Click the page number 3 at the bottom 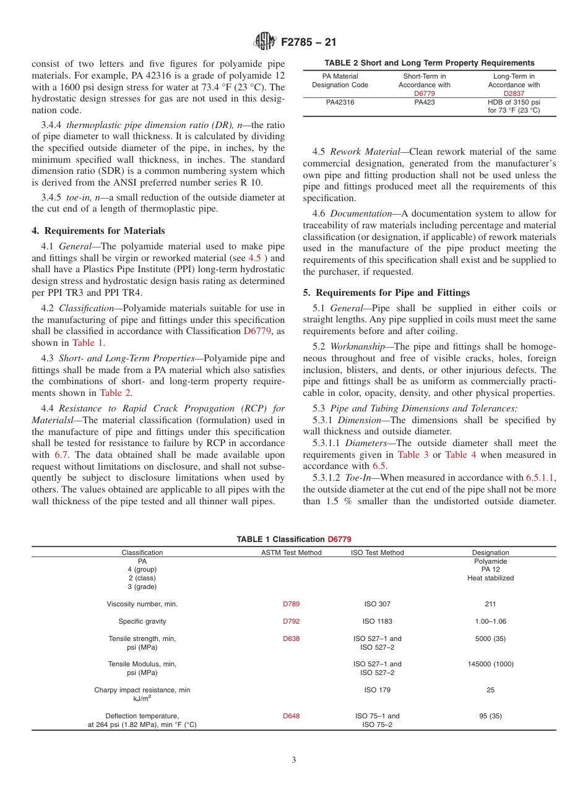coord(293,760)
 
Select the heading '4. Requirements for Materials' coord(98,231)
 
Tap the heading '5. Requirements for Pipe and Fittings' coord(386,293)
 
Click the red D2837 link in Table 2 coord(514,93)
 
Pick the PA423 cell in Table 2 coord(424,102)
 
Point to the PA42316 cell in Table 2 coord(340,102)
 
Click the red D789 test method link coord(291,604)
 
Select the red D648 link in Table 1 coord(291,716)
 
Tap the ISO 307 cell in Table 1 coord(377,604)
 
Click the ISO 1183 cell coord(377,621)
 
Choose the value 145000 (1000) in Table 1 coord(490,664)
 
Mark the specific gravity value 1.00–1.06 coord(490,621)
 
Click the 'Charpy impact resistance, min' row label coord(142,690)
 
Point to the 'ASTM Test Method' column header coord(291,553)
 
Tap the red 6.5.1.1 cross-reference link coord(540,478)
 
